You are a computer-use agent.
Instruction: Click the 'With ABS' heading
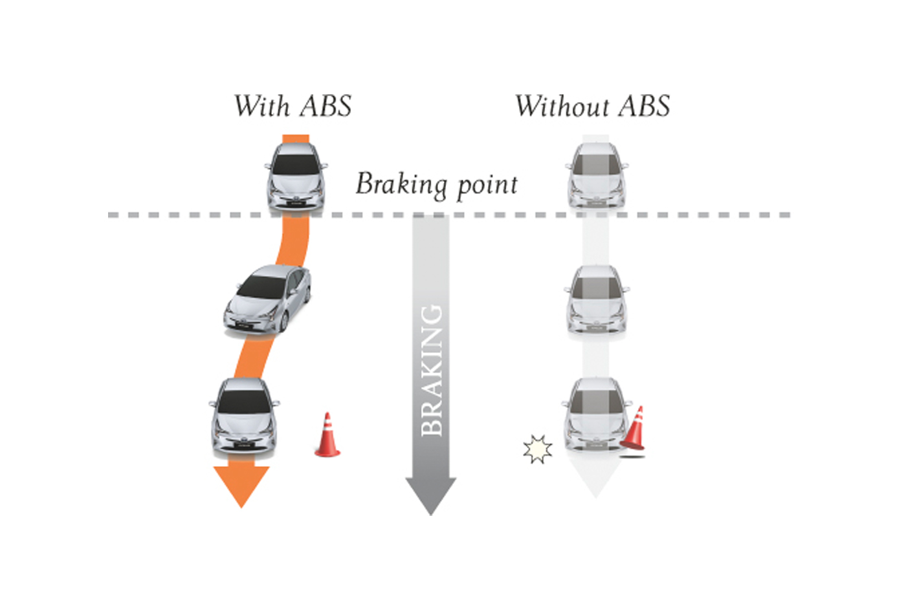(x=293, y=106)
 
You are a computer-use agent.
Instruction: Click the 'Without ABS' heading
(x=593, y=106)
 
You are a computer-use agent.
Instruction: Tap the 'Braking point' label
(x=436, y=185)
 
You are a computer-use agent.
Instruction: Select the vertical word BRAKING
(x=432, y=370)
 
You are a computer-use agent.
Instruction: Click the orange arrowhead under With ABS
(x=241, y=485)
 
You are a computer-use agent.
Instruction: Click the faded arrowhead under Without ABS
(x=595, y=480)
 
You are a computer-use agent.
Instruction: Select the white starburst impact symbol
(x=538, y=449)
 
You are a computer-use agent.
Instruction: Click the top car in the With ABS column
(x=296, y=177)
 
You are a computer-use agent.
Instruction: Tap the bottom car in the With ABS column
(x=244, y=416)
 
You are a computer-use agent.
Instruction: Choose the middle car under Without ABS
(x=597, y=299)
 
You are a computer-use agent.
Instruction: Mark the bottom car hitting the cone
(x=595, y=414)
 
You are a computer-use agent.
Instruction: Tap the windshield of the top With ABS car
(x=296, y=164)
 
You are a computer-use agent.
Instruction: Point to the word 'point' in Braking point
(x=487, y=187)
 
